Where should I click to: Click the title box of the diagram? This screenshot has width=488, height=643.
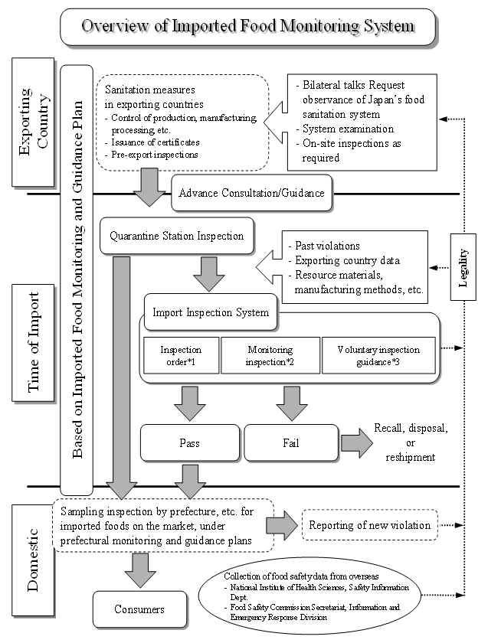click(x=249, y=26)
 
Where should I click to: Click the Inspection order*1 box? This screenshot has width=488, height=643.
click(x=181, y=355)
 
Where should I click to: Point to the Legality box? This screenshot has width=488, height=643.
click(x=464, y=269)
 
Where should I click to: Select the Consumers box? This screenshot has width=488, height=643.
click(x=139, y=610)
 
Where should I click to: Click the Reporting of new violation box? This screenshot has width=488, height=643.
click(x=369, y=525)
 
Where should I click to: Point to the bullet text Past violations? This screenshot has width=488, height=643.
click(x=328, y=246)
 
